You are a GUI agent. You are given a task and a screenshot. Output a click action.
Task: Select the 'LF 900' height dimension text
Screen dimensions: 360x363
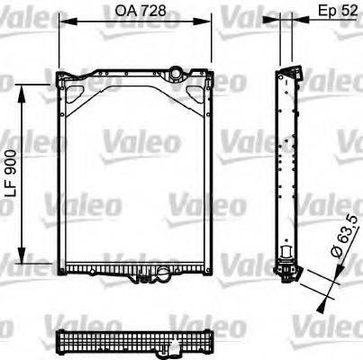tap(10, 170)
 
